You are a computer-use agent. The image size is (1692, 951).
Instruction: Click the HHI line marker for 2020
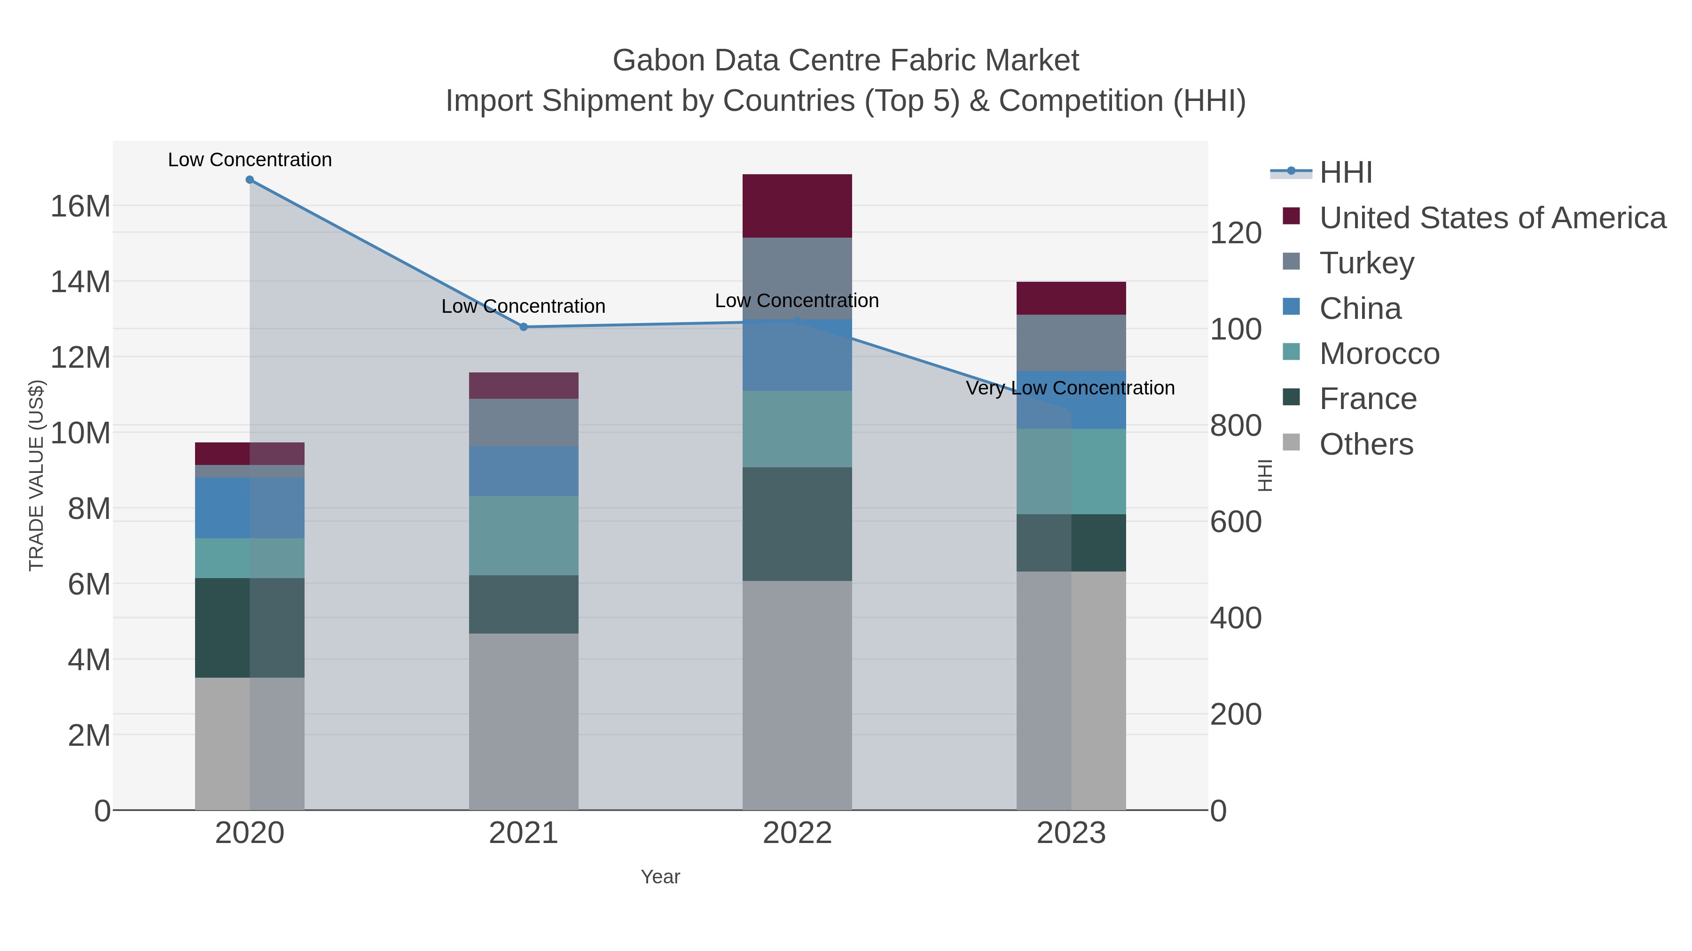[250, 180]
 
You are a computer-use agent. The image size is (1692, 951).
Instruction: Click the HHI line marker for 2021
[524, 327]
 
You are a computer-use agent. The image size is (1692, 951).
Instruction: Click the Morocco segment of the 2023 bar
[1071, 471]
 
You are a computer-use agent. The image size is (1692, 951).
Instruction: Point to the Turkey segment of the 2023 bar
[1071, 343]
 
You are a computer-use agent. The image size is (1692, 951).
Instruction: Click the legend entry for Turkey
[1366, 263]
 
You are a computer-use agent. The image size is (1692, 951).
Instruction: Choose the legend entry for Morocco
[1379, 354]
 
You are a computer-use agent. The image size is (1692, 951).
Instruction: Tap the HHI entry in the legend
[1345, 173]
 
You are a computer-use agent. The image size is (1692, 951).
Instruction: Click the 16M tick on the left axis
[80, 206]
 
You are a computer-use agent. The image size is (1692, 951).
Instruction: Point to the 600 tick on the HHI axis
[1236, 522]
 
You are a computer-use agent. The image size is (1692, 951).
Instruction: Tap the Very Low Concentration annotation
[1070, 388]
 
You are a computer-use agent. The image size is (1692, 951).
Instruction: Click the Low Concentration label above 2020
[250, 160]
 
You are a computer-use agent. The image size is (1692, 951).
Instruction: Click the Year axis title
[660, 877]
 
